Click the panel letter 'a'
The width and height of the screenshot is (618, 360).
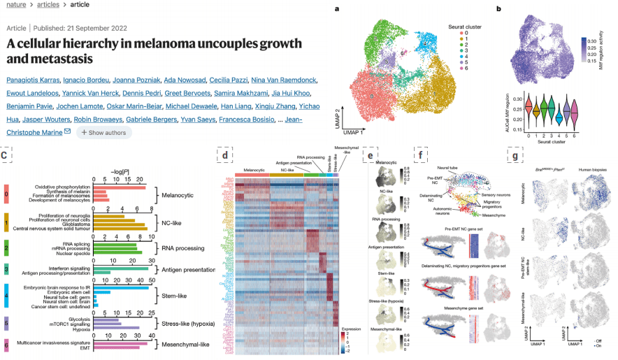pyautogui.click(x=338, y=9)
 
